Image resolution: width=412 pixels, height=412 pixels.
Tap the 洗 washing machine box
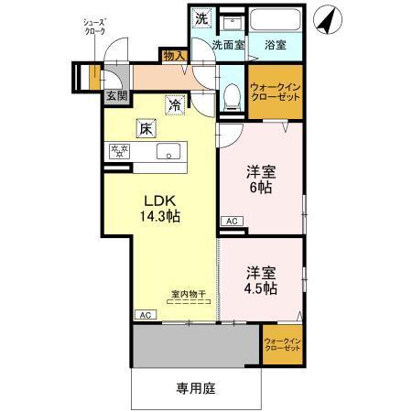[201, 18]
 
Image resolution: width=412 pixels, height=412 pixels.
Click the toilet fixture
[233, 94]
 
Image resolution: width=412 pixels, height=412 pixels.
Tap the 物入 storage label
[174, 57]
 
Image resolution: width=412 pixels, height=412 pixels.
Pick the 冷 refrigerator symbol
[174, 105]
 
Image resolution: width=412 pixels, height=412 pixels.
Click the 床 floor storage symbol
[146, 129]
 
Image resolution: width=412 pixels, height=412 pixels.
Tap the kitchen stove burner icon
[119, 151]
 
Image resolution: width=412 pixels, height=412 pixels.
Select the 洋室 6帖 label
[261, 179]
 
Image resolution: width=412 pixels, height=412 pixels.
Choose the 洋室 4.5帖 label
[262, 280]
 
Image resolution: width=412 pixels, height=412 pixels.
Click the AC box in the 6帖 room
[232, 221]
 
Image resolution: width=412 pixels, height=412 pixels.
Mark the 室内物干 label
[189, 295]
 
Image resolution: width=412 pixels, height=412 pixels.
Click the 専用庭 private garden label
[196, 387]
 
